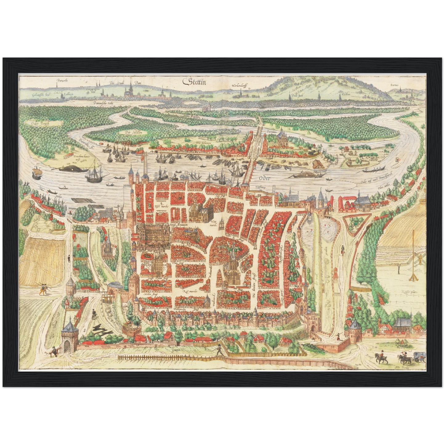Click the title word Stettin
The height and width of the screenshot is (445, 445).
(195, 82)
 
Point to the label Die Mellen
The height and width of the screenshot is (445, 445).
(132, 132)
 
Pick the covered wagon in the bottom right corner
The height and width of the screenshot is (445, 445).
(419, 356)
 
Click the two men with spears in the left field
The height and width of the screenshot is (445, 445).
(43, 288)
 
